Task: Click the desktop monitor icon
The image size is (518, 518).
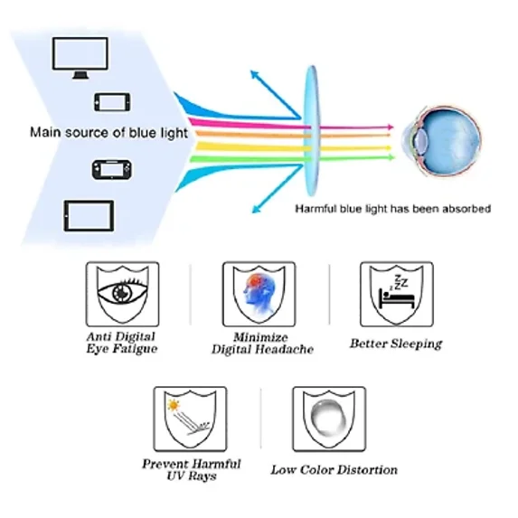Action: click(x=80, y=58)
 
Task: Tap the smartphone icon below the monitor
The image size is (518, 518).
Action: click(x=112, y=102)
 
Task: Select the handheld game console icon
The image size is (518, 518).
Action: click(x=112, y=170)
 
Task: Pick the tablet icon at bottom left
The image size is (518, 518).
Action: click(x=89, y=216)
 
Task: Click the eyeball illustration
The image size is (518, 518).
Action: click(x=441, y=141)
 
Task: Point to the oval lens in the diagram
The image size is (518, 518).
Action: click(x=312, y=131)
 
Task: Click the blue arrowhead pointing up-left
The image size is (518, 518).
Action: click(x=254, y=74)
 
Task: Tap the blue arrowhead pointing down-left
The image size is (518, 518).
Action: click(x=257, y=209)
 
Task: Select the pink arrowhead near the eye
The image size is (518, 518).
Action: click(x=391, y=127)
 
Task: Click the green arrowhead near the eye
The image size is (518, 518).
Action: click(x=391, y=157)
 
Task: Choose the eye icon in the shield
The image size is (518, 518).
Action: click(x=123, y=291)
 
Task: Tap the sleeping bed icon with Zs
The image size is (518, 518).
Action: click(x=397, y=292)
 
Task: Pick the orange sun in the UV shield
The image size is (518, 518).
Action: click(x=173, y=405)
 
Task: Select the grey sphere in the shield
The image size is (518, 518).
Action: click(x=329, y=418)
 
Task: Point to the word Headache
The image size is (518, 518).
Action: click(x=286, y=349)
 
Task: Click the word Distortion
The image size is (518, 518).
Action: click(x=368, y=470)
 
